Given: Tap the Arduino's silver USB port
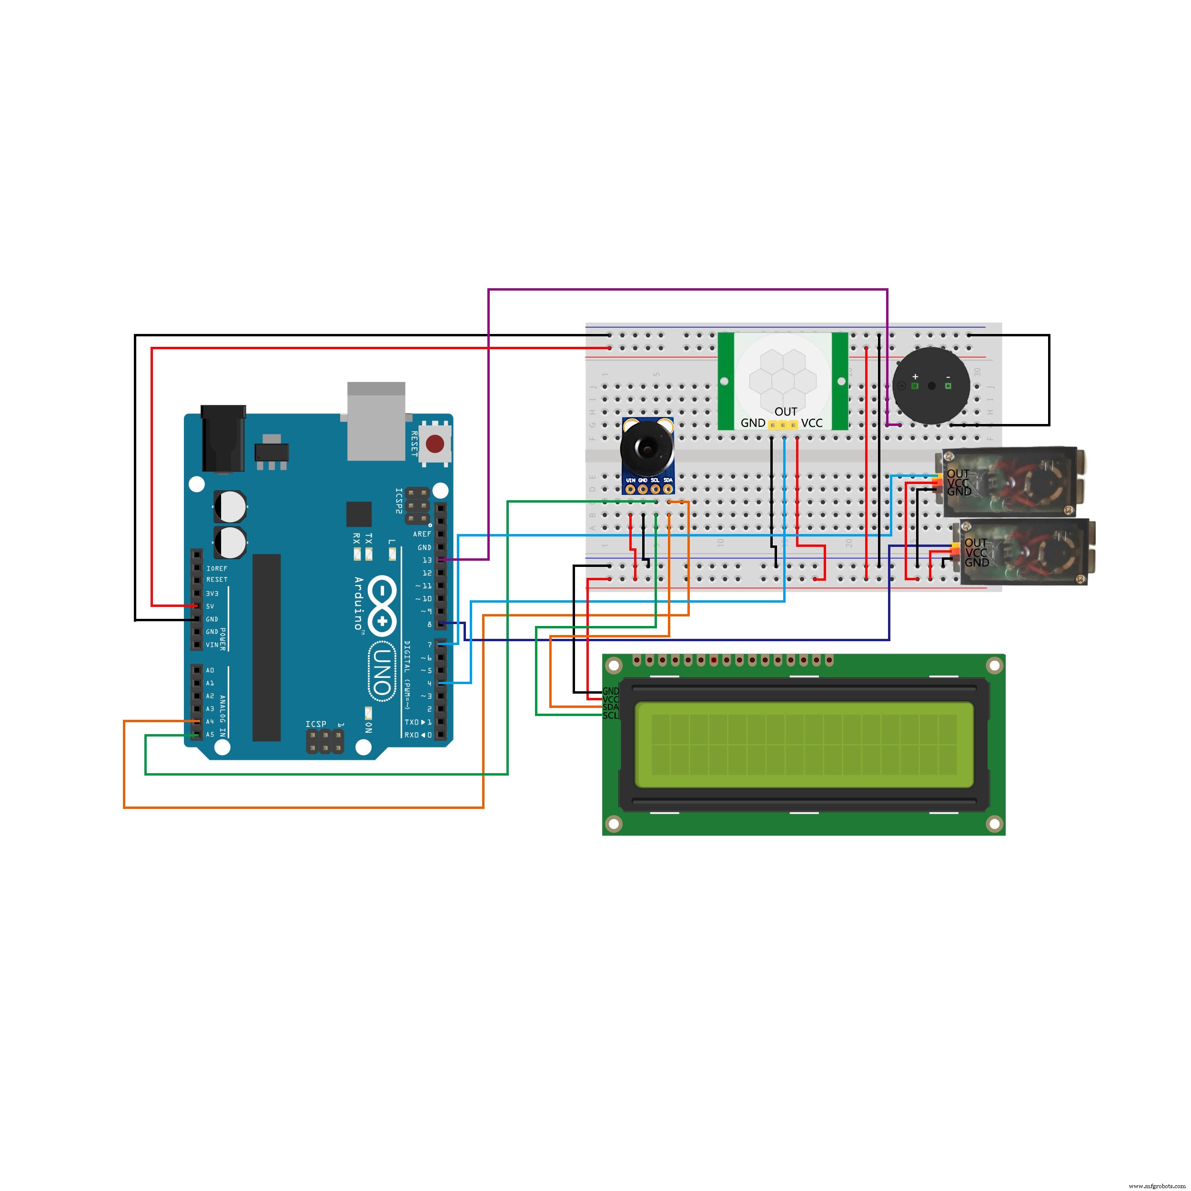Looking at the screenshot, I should click(376, 421).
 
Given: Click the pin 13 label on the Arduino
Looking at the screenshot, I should click(426, 560).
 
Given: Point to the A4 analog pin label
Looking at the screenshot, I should click(210, 721).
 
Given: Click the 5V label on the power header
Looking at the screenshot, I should click(210, 606).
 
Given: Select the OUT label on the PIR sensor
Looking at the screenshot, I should click(786, 411).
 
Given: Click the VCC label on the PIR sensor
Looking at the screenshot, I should click(812, 423).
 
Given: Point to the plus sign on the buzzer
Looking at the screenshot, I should click(915, 376).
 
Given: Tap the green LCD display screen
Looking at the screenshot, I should click(804, 745).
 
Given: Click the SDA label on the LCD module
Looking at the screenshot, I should click(610, 707).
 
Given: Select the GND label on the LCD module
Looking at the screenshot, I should click(610, 691).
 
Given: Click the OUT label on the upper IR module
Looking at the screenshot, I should click(958, 474).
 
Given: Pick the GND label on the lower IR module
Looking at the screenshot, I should click(977, 562).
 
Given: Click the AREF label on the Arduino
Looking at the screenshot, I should click(422, 534).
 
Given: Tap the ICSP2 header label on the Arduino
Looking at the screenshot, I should click(399, 501).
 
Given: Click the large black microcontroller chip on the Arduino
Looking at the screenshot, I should click(266, 647).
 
